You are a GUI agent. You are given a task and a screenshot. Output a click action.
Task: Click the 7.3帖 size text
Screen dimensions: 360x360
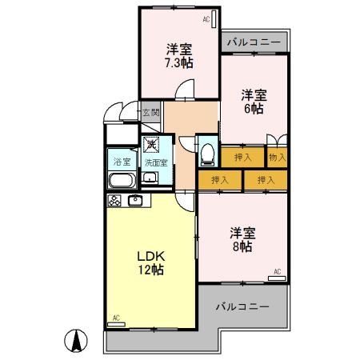click(x=179, y=62)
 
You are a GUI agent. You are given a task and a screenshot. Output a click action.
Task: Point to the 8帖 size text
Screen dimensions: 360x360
click(x=242, y=247)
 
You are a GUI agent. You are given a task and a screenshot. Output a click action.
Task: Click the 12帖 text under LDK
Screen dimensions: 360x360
click(x=150, y=270)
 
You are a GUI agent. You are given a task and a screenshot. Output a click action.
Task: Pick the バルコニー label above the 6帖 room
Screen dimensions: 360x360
click(x=253, y=42)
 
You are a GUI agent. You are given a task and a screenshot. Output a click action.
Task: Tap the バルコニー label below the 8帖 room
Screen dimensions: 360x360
click(x=242, y=306)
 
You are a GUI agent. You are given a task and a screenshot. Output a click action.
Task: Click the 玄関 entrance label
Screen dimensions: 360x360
click(x=151, y=113)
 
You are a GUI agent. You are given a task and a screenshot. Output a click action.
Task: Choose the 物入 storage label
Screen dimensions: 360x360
click(x=277, y=158)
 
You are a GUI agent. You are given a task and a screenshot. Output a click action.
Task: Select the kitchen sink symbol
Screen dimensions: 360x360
click(x=134, y=200)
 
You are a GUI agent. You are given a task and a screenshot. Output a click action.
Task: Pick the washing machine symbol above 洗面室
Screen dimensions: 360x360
click(x=152, y=145)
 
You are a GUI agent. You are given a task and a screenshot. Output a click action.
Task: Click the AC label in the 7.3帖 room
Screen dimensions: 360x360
click(x=206, y=18)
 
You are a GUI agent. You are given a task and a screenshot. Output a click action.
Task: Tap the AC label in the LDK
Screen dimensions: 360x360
click(x=115, y=318)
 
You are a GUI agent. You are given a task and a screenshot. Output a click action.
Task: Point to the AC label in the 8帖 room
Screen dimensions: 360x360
click(x=277, y=273)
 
